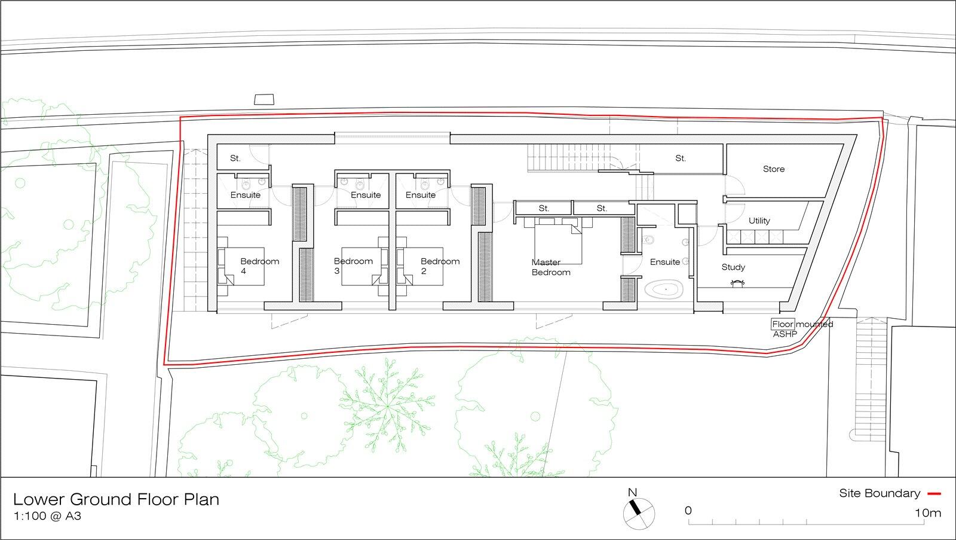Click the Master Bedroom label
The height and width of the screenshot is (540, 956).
coord(550,267)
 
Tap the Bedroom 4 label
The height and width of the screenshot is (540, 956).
coord(259,266)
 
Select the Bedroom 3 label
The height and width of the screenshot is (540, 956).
coord(353,266)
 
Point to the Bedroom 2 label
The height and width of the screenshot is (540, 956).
coord(440,266)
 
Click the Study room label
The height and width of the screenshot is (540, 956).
coord(733,267)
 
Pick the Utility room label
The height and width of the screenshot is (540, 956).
coord(759,221)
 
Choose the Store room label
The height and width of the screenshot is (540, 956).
coord(773,169)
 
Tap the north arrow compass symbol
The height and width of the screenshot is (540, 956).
coord(638,513)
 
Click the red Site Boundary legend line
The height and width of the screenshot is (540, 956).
coord(934,494)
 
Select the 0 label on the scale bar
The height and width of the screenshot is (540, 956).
coord(688,511)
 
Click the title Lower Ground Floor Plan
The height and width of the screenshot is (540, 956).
coord(116,499)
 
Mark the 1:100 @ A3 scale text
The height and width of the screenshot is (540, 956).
coord(47,515)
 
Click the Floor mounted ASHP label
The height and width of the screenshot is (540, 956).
coord(801,329)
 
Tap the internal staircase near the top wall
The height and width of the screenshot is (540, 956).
coord(562,158)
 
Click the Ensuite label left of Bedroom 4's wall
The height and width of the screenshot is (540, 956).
coord(245,195)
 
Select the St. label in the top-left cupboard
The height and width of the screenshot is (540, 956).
coord(235,158)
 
